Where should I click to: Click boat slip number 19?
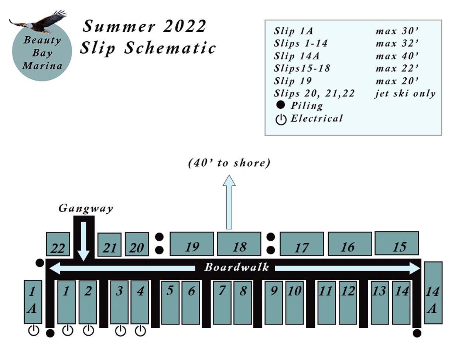click(192, 244)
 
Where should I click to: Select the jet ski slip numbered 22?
click(58, 244)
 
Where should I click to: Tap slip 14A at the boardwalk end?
click(433, 293)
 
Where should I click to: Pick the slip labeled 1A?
click(33, 302)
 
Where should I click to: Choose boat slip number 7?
click(222, 302)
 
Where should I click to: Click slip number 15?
click(397, 244)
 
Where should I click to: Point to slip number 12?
click(348, 302)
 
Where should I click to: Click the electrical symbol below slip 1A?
click(34, 330)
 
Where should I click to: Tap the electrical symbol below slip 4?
click(140, 330)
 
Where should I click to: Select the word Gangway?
click(86, 208)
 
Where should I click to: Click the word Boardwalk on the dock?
click(237, 267)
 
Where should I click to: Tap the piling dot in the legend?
click(281, 105)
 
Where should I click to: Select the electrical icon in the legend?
click(281, 119)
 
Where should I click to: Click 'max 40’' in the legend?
click(397, 56)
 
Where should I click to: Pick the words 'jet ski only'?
click(405, 94)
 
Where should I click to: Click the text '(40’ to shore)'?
click(229, 163)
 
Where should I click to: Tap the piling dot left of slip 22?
click(40, 263)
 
